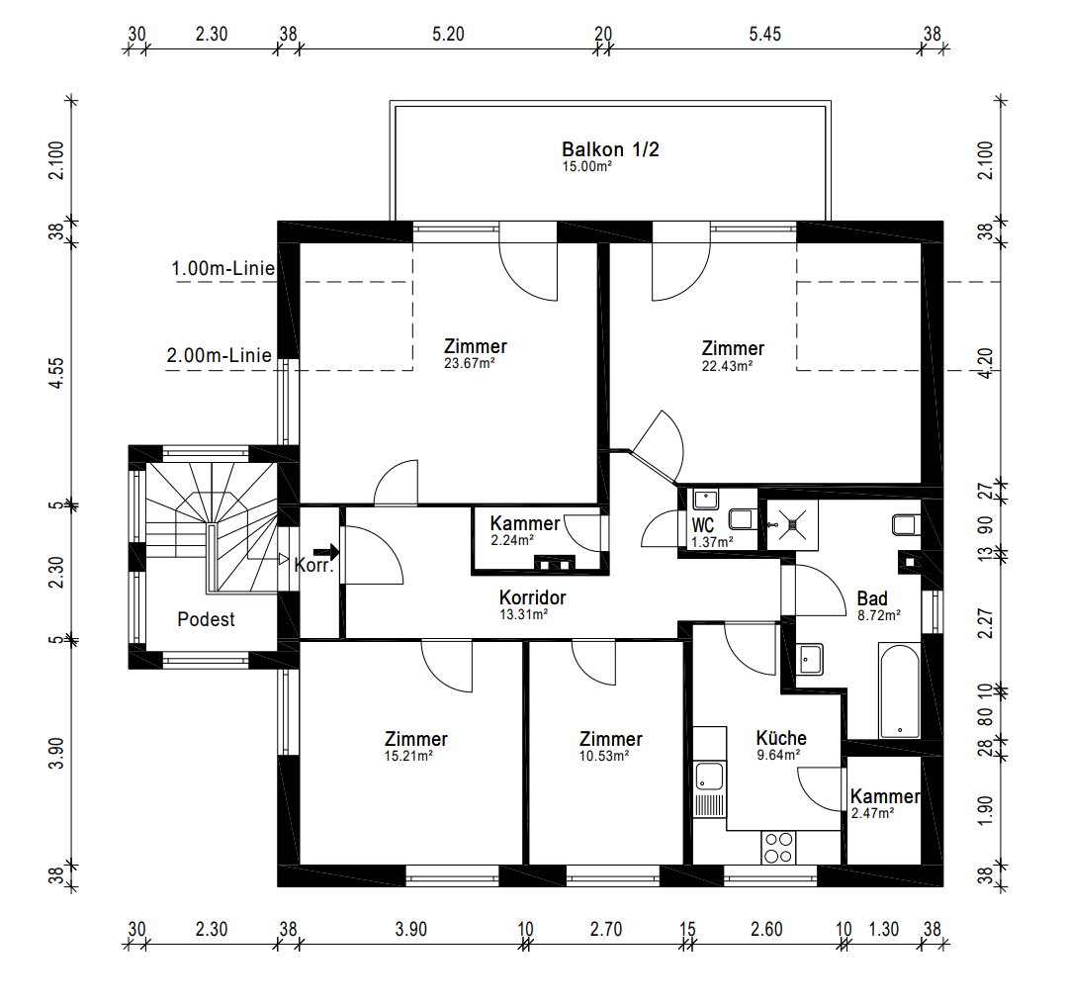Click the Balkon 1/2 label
click(x=610, y=149)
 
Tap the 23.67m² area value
click(x=469, y=364)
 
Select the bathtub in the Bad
click(x=900, y=690)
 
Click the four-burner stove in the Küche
click(x=777, y=848)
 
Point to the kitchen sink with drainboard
click(x=710, y=788)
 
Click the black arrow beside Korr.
click(x=326, y=551)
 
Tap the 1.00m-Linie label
click(x=223, y=269)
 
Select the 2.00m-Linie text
click(x=219, y=355)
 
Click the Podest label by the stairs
click(x=206, y=619)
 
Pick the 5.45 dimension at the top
click(x=764, y=34)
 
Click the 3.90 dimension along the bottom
click(x=410, y=930)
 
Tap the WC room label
click(x=703, y=525)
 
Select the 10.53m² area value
click(x=603, y=756)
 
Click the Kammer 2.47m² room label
click(x=885, y=803)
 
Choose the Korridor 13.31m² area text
click(x=523, y=614)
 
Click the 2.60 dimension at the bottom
click(x=766, y=930)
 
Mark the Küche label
click(x=781, y=738)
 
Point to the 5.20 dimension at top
click(x=448, y=34)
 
